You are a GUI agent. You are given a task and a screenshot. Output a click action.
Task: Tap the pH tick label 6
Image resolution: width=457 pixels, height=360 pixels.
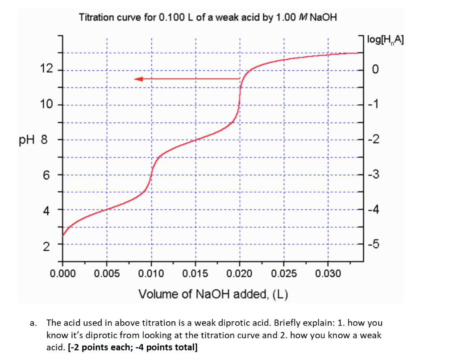[46, 175]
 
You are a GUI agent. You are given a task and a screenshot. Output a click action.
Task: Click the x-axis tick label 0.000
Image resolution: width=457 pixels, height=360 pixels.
[62, 273]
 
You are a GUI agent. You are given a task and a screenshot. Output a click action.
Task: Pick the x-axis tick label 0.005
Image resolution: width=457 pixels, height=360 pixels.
[107, 273]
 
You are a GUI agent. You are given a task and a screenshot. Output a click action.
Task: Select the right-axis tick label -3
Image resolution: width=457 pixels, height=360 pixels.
[376, 175]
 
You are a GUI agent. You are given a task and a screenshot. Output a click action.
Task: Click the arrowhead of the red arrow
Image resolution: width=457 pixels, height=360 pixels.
[138, 79]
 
